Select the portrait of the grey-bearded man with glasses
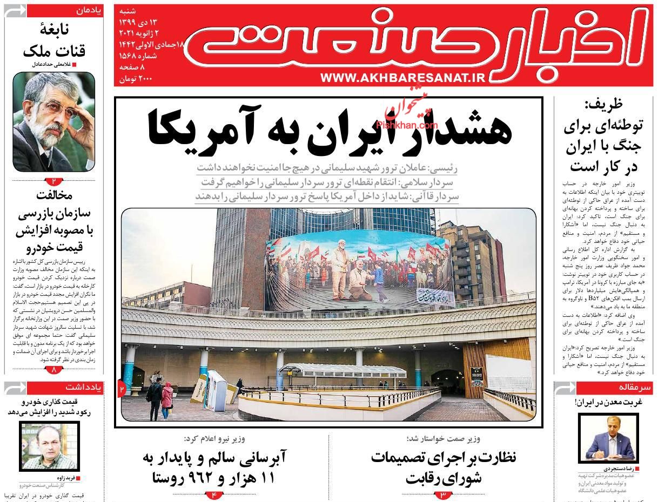pos(53,121)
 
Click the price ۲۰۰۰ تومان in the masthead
pos(136,79)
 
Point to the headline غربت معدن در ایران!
pos(608,402)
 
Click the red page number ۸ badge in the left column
pos(54,370)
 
